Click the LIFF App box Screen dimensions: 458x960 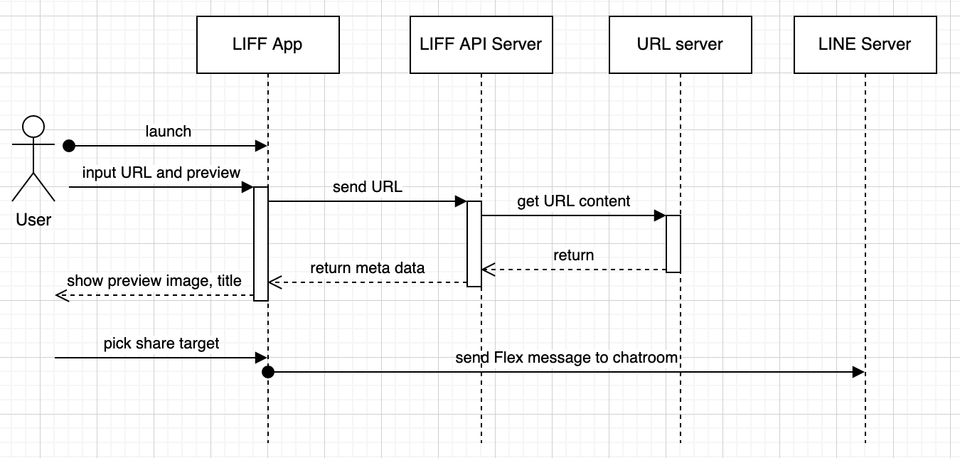click(x=267, y=44)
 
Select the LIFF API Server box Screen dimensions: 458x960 click(x=481, y=44)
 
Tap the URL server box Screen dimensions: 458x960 click(x=680, y=44)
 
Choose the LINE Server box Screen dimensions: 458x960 click(x=865, y=44)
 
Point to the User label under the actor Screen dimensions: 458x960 click(x=33, y=220)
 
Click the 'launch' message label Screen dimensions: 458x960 click(x=169, y=132)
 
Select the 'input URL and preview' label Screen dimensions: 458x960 click(x=161, y=173)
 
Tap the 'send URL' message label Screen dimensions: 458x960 click(x=367, y=188)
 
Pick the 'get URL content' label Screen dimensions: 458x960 click(x=573, y=201)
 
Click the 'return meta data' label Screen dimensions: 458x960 click(x=367, y=268)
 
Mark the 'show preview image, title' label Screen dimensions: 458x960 click(x=154, y=281)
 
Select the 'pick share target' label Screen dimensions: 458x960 click(x=161, y=343)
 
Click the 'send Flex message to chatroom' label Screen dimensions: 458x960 click(x=567, y=357)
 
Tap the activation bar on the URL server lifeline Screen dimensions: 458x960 click(x=673, y=243)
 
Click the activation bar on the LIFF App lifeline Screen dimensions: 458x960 click(x=261, y=243)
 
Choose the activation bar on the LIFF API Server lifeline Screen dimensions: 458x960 click(x=474, y=243)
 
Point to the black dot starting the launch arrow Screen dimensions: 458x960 click(x=69, y=146)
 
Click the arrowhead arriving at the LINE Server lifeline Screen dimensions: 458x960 click(x=858, y=372)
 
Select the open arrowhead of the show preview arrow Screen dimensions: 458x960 click(x=61, y=295)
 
